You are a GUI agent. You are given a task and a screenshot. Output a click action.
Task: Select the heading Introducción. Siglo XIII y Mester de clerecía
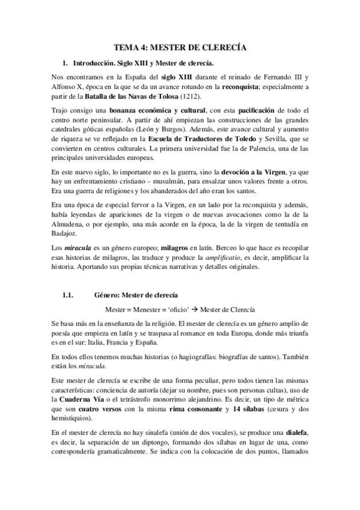pos(142,63)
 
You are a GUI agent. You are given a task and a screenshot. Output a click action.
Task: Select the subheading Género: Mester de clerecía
pos(135,295)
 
